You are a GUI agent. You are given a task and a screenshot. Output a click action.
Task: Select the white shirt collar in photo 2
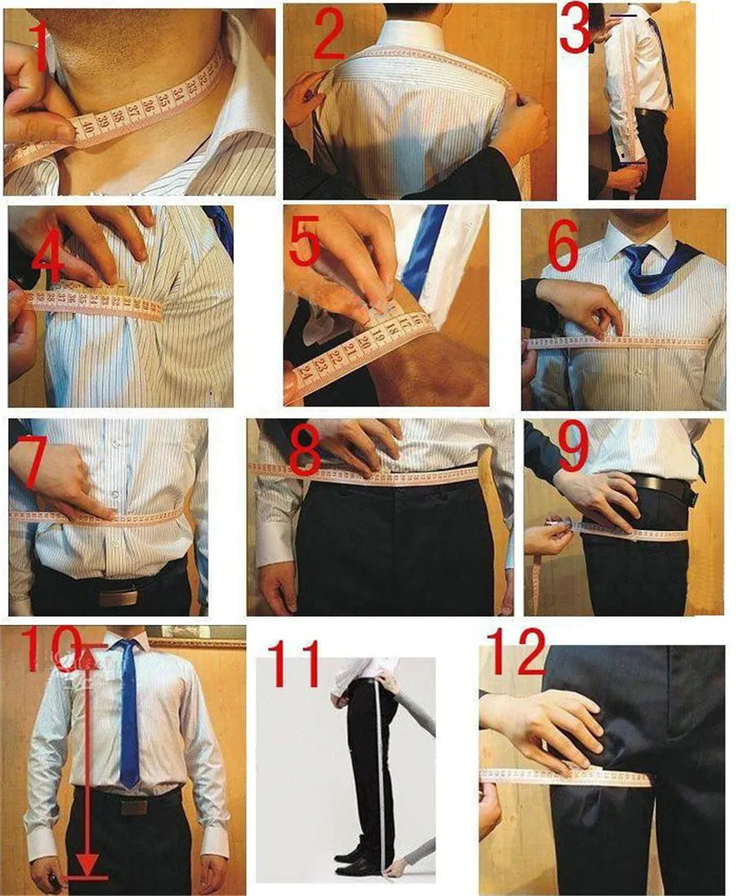[411, 33]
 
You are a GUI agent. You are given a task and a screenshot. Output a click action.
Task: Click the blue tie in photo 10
[128, 717]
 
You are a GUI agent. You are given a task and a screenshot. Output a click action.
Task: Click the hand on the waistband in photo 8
[358, 445]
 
